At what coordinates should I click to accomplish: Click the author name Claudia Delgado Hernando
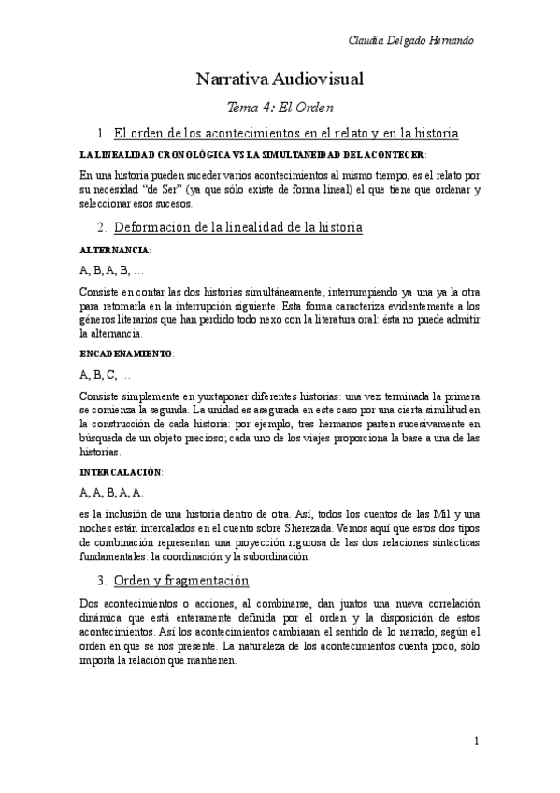pos(409,41)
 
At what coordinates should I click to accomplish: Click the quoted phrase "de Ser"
pos(166,190)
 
